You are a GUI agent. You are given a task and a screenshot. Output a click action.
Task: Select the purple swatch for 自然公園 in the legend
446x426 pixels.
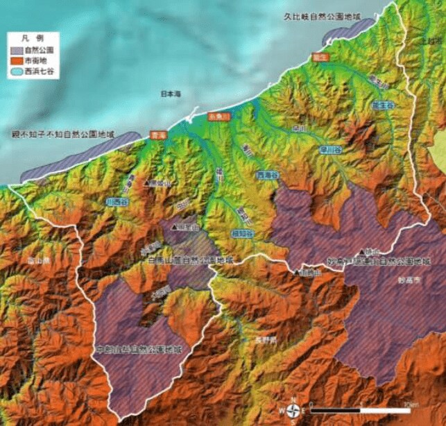17,51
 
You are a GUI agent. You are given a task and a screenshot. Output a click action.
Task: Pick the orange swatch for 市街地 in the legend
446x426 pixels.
17,60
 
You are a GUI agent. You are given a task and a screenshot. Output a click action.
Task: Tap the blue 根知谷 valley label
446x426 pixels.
242,233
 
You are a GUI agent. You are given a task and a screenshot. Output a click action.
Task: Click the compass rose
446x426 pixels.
293,410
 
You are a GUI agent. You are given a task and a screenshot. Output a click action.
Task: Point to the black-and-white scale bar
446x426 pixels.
361,409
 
